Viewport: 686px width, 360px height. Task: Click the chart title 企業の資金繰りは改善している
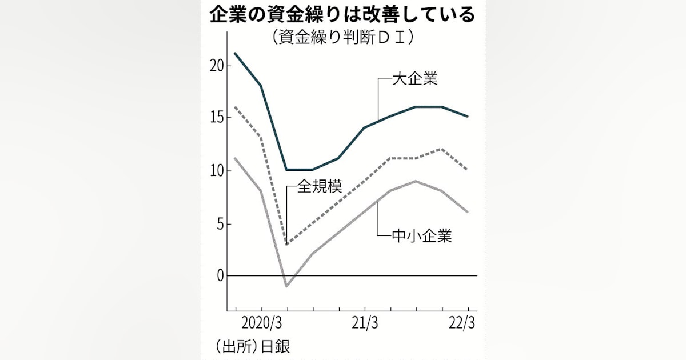pyautogui.click(x=342, y=15)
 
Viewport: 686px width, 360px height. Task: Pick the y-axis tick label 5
pyautogui.click(x=220, y=223)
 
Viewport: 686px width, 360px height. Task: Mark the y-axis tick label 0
pyautogui.click(x=220, y=276)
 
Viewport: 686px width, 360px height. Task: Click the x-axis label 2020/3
pyautogui.click(x=261, y=323)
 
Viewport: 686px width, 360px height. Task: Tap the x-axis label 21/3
pyautogui.click(x=365, y=323)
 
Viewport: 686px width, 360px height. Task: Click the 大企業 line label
pyautogui.click(x=414, y=78)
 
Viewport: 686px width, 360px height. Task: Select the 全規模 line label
pyautogui.click(x=319, y=187)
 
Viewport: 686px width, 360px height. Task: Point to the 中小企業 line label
pyautogui.click(x=422, y=235)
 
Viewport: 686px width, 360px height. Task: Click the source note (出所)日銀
pyautogui.click(x=249, y=346)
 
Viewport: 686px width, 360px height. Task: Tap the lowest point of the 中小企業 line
pyautogui.click(x=286, y=286)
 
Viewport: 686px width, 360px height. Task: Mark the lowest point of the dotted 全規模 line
pyautogui.click(x=286, y=244)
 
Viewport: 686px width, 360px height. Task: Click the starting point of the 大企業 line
pyautogui.click(x=235, y=53)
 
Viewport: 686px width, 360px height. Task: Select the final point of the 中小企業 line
pyautogui.click(x=468, y=212)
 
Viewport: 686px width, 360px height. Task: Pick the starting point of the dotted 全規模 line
pyautogui.click(x=235, y=107)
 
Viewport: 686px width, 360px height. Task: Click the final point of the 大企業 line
pyautogui.click(x=468, y=117)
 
